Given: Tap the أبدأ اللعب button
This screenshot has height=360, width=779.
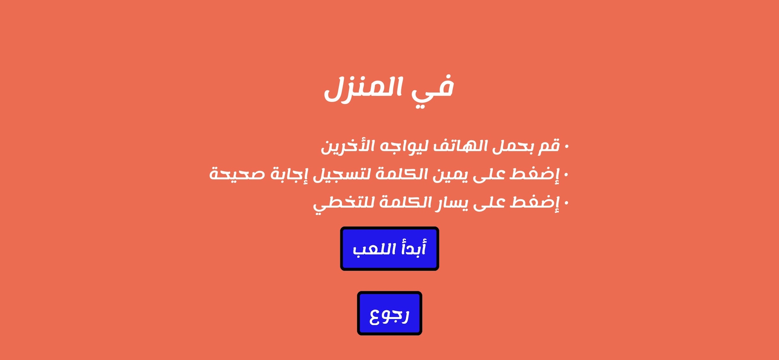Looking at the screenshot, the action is [389, 248].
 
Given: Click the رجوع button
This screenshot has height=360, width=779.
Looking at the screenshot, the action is [389, 313].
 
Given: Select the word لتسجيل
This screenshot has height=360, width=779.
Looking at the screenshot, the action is [342, 175].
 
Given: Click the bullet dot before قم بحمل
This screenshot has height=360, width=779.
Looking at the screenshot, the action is [566, 147].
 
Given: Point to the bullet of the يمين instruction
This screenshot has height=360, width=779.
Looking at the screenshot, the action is [566, 174].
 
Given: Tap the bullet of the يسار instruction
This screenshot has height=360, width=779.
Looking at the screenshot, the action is [566, 203].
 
